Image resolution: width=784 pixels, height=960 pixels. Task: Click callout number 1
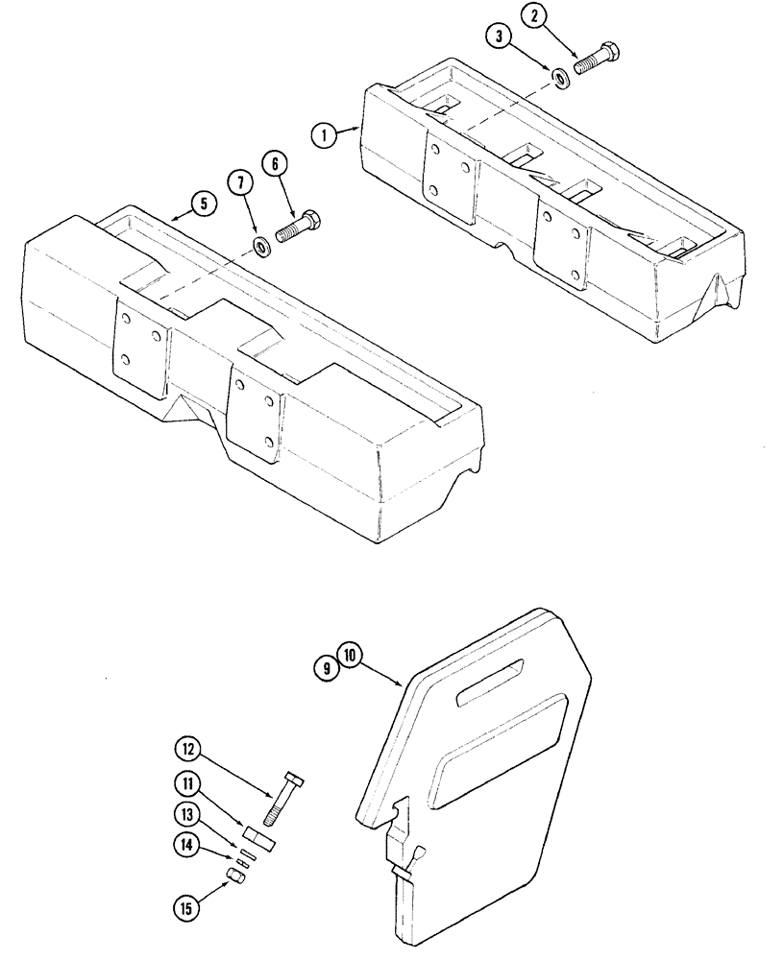click(x=325, y=135)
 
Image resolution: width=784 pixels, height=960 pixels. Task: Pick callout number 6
click(x=276, y=165)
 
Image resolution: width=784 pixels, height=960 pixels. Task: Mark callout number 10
click(x=349, y=657)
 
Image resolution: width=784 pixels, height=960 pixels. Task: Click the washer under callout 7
click(x=260, y=249)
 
